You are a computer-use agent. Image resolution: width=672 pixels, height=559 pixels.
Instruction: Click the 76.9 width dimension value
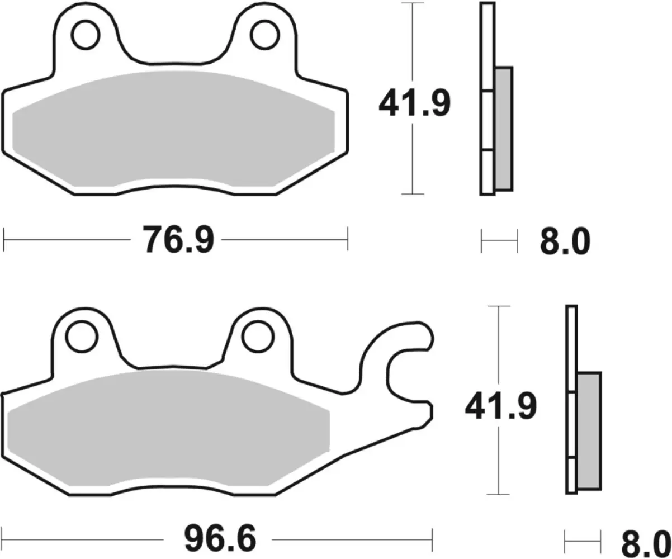click(x=178, y=239)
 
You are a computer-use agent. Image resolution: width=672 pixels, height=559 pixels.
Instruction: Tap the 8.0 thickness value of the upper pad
click(x=565, y=242)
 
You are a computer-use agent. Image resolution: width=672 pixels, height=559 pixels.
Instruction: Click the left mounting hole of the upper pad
click(x=84, y=35)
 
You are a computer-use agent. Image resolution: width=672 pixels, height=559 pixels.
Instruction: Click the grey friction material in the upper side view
click(x=503, y=129)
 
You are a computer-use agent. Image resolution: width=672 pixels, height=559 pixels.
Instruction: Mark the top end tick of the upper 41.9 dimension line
click(x=412, y=3)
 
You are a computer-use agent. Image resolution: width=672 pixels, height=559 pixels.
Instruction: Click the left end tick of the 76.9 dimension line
click(x=4, y=239)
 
